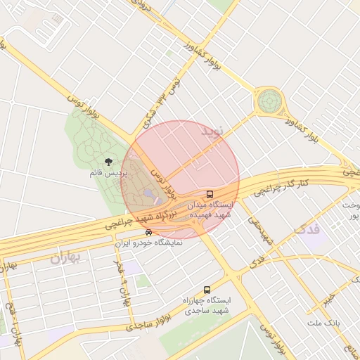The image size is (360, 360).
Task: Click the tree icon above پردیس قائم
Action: click(108, 161)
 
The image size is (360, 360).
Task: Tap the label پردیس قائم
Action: click(108, 172)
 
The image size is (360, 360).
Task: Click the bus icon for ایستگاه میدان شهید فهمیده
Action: click(209, 194)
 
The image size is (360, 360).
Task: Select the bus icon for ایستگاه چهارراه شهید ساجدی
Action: click(207, 289)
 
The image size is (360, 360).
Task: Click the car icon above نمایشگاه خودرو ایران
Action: click(148, 232)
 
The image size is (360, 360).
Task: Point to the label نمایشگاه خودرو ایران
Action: click(148, 242)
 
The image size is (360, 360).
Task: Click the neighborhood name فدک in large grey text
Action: click(307, 230)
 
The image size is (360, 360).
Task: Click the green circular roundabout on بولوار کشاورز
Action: click(268, 102)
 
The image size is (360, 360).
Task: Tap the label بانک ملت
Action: click(323, 323)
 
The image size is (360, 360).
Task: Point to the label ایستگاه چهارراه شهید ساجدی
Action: click(207, 304)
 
